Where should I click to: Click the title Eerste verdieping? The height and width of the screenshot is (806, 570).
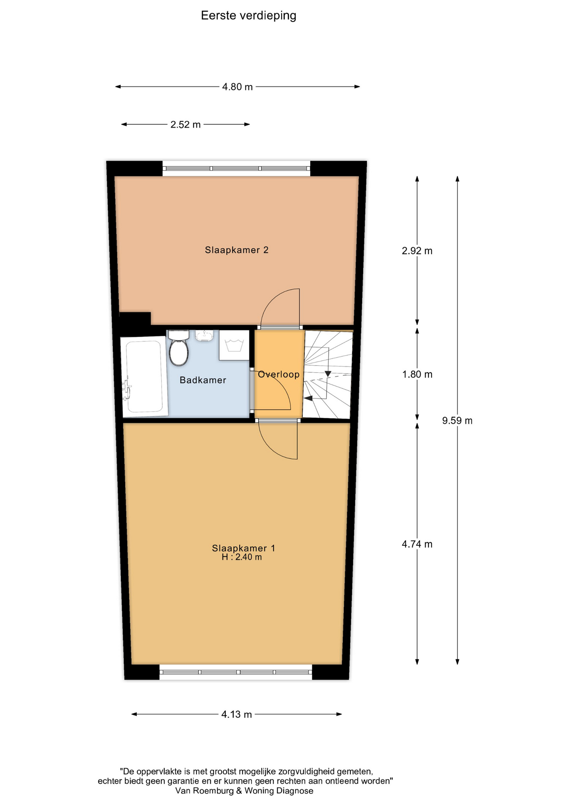248,16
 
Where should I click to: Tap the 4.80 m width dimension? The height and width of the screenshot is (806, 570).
238,87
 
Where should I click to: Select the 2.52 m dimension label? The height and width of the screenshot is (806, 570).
186,125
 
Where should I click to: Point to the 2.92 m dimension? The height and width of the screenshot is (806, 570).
417,251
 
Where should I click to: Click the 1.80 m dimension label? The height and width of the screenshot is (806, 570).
417,374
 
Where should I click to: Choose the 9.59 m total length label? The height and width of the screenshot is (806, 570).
457,421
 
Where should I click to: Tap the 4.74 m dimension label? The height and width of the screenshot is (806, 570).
417,544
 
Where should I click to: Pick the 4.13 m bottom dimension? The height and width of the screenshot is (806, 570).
237,714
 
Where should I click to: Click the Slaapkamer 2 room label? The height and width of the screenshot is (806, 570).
237,250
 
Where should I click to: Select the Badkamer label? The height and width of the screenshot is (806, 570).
203,380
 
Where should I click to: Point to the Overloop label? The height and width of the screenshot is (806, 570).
279,374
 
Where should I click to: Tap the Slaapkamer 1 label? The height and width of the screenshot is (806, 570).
243,548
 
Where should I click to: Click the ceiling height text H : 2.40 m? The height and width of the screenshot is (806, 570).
242,557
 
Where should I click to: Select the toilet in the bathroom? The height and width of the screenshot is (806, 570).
178,348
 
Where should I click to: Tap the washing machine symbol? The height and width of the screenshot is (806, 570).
234,345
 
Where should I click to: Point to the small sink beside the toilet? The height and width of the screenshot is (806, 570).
204,335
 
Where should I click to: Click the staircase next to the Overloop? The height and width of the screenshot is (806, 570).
328,374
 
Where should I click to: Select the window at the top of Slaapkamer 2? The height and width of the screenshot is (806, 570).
236,169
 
